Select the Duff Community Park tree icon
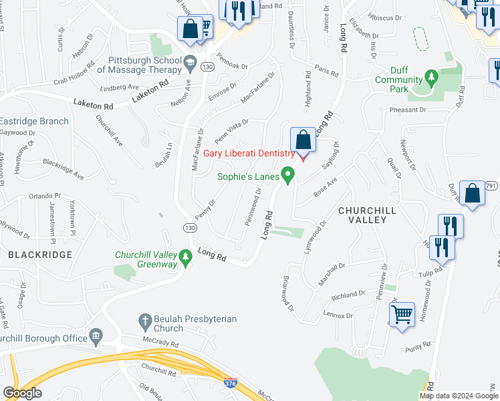432,80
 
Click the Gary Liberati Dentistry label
249,154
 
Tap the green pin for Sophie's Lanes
289,176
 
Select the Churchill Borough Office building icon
96,334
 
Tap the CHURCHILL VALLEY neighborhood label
363,215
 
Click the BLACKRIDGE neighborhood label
32,254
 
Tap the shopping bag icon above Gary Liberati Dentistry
303,141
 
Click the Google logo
23,393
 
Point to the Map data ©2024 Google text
458,396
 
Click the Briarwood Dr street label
288,293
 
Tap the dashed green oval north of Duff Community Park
420,39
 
